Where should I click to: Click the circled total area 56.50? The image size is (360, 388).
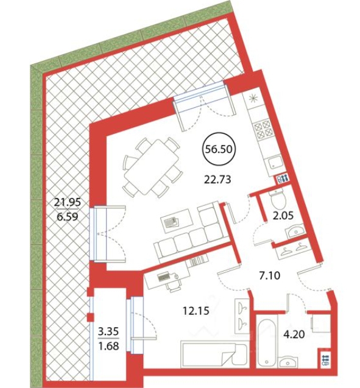tap(219, 149)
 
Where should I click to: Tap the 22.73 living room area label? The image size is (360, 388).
tap(217, 180)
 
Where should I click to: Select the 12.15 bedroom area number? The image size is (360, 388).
tap(196, 311)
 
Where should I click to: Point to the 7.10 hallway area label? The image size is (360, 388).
tap(270, 275)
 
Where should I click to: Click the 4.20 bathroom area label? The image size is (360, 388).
tap(294, 334)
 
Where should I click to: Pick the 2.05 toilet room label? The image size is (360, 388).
tap(283, 216)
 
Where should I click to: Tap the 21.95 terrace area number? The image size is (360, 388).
tap(68, 202)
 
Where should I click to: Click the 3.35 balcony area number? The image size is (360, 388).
tap(108, 331)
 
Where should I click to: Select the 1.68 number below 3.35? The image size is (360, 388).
tap(108, 346)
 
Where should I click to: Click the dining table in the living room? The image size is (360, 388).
tap(152, 168)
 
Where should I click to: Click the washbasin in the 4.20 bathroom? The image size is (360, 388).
tap(288, 362)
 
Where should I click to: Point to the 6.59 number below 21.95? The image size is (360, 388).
tap(67, 217)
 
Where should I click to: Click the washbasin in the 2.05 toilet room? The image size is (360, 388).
tap(295, 231)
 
